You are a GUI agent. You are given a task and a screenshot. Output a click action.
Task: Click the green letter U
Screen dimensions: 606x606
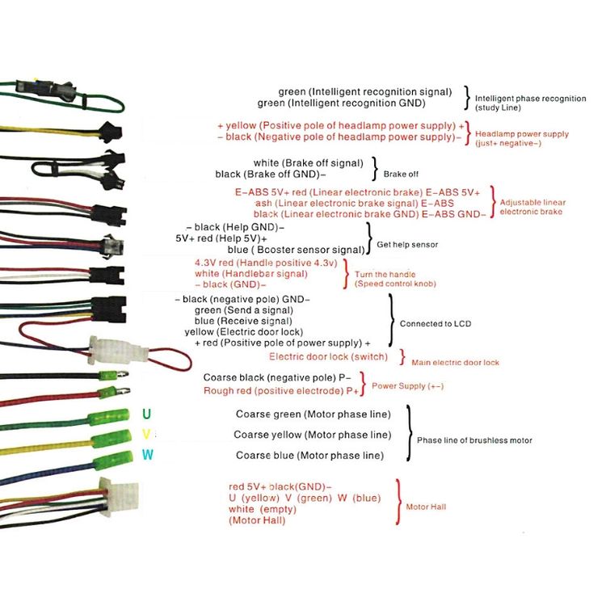tap(146, 414)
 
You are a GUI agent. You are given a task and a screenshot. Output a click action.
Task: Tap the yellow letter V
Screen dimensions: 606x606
tap(146, 435)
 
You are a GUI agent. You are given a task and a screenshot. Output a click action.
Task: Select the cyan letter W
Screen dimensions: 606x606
tap(147, 455)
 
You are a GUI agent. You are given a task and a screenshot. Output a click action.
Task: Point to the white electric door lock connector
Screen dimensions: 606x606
tap(118, 351)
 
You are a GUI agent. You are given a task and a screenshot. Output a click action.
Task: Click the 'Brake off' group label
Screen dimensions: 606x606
tap(401, 175)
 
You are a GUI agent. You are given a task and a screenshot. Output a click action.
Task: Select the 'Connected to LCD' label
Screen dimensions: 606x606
tap(436, 324)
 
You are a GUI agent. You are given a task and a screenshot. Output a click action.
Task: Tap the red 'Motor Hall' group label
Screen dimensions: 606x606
tap(426, 507)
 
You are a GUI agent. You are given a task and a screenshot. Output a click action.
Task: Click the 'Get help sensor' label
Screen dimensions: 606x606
tap(407, 245)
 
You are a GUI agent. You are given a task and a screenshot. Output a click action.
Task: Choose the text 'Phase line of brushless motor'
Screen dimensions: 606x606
tap(474, 440)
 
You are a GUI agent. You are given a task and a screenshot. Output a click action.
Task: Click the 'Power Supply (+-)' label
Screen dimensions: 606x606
tap(408, 386)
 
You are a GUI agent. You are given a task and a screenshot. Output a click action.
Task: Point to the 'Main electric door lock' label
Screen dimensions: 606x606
tap(455, 363)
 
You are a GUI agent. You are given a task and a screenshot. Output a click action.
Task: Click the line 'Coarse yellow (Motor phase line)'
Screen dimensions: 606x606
tap(312, 435)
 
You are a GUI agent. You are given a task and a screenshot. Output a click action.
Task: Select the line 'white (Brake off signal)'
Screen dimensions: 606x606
tap(309, 163)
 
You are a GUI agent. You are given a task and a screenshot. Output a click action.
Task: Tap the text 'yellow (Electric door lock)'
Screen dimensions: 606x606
tap(244, 332)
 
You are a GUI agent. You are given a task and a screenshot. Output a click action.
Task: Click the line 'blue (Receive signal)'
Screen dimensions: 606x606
tap(243, 321)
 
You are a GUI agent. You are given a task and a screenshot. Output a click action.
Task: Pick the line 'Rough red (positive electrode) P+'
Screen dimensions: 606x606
tap(281, 391)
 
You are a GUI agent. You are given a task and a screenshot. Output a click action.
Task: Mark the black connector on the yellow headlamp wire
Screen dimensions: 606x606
tap(111, 132)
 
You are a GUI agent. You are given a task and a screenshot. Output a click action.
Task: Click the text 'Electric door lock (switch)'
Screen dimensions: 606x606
tap(329, 356)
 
